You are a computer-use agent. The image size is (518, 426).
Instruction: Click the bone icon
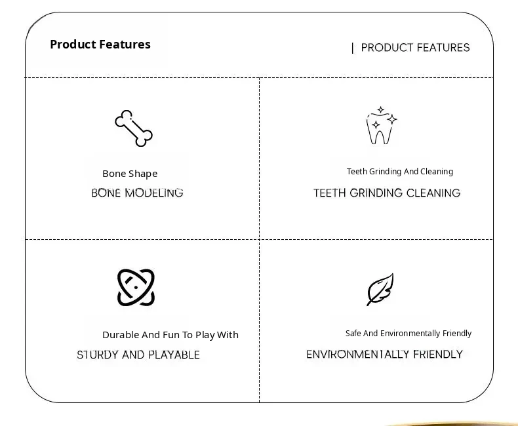[x=134, y=128]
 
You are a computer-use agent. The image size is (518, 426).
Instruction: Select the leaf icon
[x=380, y=290]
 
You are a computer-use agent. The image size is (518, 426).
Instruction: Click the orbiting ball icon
[x=136, y=287]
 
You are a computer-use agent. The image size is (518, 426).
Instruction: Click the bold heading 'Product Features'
[x=100, y=45]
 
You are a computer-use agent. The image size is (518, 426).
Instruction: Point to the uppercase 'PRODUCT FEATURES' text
[x=415, y=48]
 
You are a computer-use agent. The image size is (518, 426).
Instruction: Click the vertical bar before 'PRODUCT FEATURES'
[x=353, y=48]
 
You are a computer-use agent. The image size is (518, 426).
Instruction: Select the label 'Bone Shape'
[x=130, y=174]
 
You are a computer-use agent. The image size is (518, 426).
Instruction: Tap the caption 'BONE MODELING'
[x=137, y=193]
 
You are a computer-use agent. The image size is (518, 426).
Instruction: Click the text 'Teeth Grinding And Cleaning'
[x=400, y=172]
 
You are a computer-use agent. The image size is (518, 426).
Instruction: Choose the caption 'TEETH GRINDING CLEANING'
[x=387, y=193]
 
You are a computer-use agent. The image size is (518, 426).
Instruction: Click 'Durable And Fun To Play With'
[x=170, y=335]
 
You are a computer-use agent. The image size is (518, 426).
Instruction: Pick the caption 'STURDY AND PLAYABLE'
[x=138, y=355]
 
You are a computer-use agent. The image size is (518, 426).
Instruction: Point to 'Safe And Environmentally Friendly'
[x=408, y=334]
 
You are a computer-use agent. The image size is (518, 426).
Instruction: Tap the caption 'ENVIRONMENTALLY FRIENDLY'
[x=384, y=355]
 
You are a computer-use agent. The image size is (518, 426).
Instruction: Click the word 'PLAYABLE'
[x=174, y=355]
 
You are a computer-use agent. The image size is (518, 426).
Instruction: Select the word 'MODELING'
[x=154, y=193]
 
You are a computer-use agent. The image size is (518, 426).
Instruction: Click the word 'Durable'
[x=121, y=335]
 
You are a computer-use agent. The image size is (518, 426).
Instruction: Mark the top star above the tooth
[x=381, y=109]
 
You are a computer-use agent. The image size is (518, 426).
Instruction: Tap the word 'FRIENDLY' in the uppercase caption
[x=438, y=355]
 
